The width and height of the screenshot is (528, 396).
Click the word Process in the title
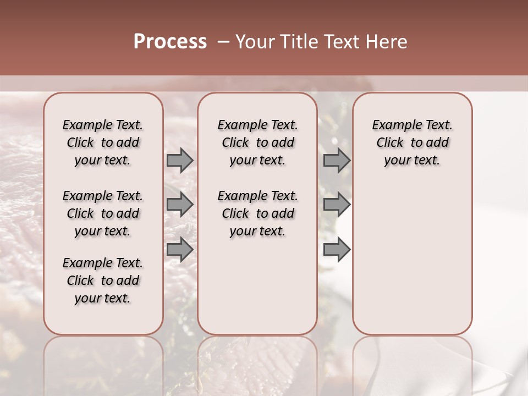click(170, 42)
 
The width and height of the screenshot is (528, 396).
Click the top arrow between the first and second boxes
click(180, 160)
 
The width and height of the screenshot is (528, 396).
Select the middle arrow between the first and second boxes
click(180, 205)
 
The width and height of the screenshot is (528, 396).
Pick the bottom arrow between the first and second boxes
click(180, 249)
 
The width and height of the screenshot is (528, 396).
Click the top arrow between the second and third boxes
click(337, 160)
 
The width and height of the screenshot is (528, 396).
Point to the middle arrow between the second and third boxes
click(337, 205)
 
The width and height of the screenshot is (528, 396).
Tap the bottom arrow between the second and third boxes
click(337, 249)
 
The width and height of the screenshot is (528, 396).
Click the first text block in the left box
click(103, 142)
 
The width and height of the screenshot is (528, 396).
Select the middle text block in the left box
click(103, 213)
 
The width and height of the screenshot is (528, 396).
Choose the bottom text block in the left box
click(103, 280)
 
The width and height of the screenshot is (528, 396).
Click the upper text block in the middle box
click(257, 142)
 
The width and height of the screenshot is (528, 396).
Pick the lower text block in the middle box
click(257, 213)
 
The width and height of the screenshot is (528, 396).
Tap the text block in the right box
click(412, 142)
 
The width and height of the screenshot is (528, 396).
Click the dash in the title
click(223, 42)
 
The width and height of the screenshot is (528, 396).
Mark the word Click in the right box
click(390, 142)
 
